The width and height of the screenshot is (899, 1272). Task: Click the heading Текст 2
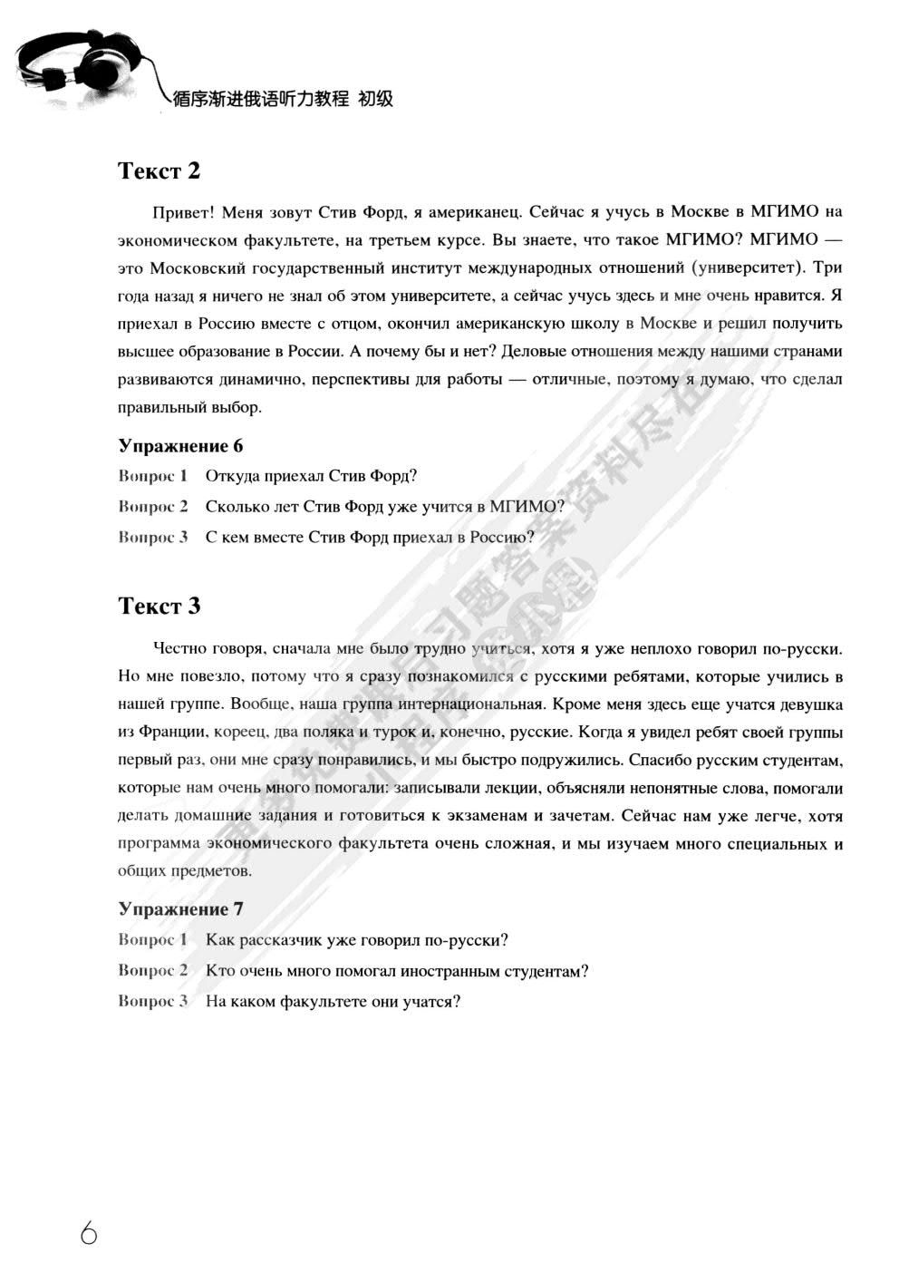159,170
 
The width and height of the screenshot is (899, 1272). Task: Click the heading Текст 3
159,606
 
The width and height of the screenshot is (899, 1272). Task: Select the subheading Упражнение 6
180,445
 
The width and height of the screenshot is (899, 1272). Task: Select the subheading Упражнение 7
180,908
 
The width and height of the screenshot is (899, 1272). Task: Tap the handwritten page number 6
88,1233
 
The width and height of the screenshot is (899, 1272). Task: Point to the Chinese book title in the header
284,99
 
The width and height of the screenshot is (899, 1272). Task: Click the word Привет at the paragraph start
182,212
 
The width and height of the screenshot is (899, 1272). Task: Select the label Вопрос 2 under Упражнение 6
152,506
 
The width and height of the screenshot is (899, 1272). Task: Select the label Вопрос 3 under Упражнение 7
152,1001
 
